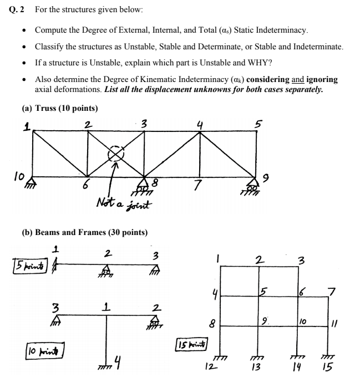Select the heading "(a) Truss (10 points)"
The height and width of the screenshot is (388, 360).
[x=59, y=108]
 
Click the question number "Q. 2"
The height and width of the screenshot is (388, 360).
[x=18, y=10]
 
